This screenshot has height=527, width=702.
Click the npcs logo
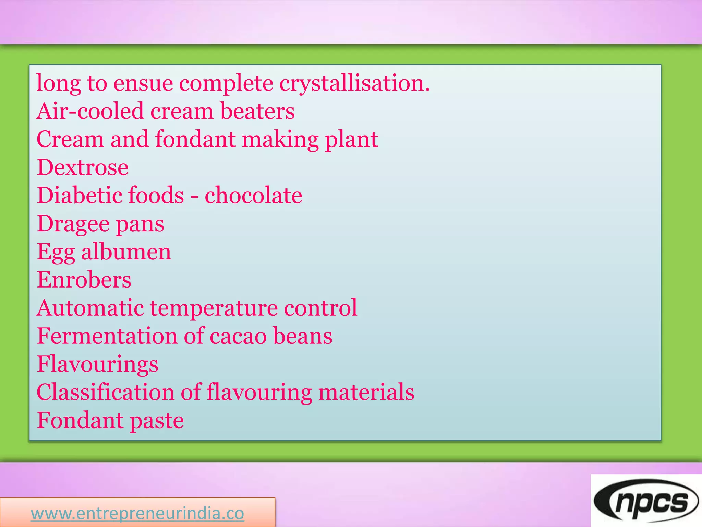[646, 501]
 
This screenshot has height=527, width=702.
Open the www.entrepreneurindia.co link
[137, 514]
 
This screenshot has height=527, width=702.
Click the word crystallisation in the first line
[354, 83]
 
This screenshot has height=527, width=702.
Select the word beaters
[257, 111]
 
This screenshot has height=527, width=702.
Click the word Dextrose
[83, 167]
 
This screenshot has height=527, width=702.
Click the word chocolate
[253, 196]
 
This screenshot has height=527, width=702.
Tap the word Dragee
[73, 224]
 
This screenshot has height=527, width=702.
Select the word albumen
[126, 252]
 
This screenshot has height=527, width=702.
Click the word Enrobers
[84, 280]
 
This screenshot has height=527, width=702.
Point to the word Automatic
[90, 308]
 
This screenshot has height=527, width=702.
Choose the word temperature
[214, 308]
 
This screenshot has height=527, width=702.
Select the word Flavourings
[98, 364]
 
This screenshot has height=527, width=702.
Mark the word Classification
[106, 392]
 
